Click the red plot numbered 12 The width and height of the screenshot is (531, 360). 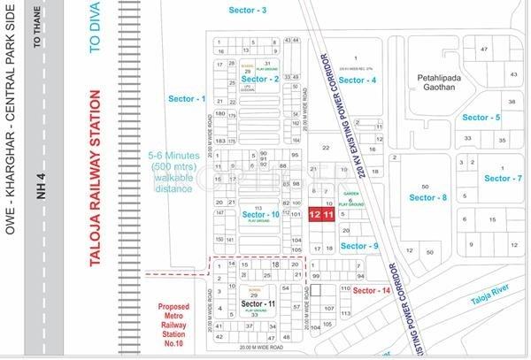(x=315, y=215)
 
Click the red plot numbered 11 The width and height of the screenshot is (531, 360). (x=327, y=215)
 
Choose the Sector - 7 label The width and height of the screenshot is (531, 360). (x=504, y=179)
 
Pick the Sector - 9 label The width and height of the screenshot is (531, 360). (x=361, y=245)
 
